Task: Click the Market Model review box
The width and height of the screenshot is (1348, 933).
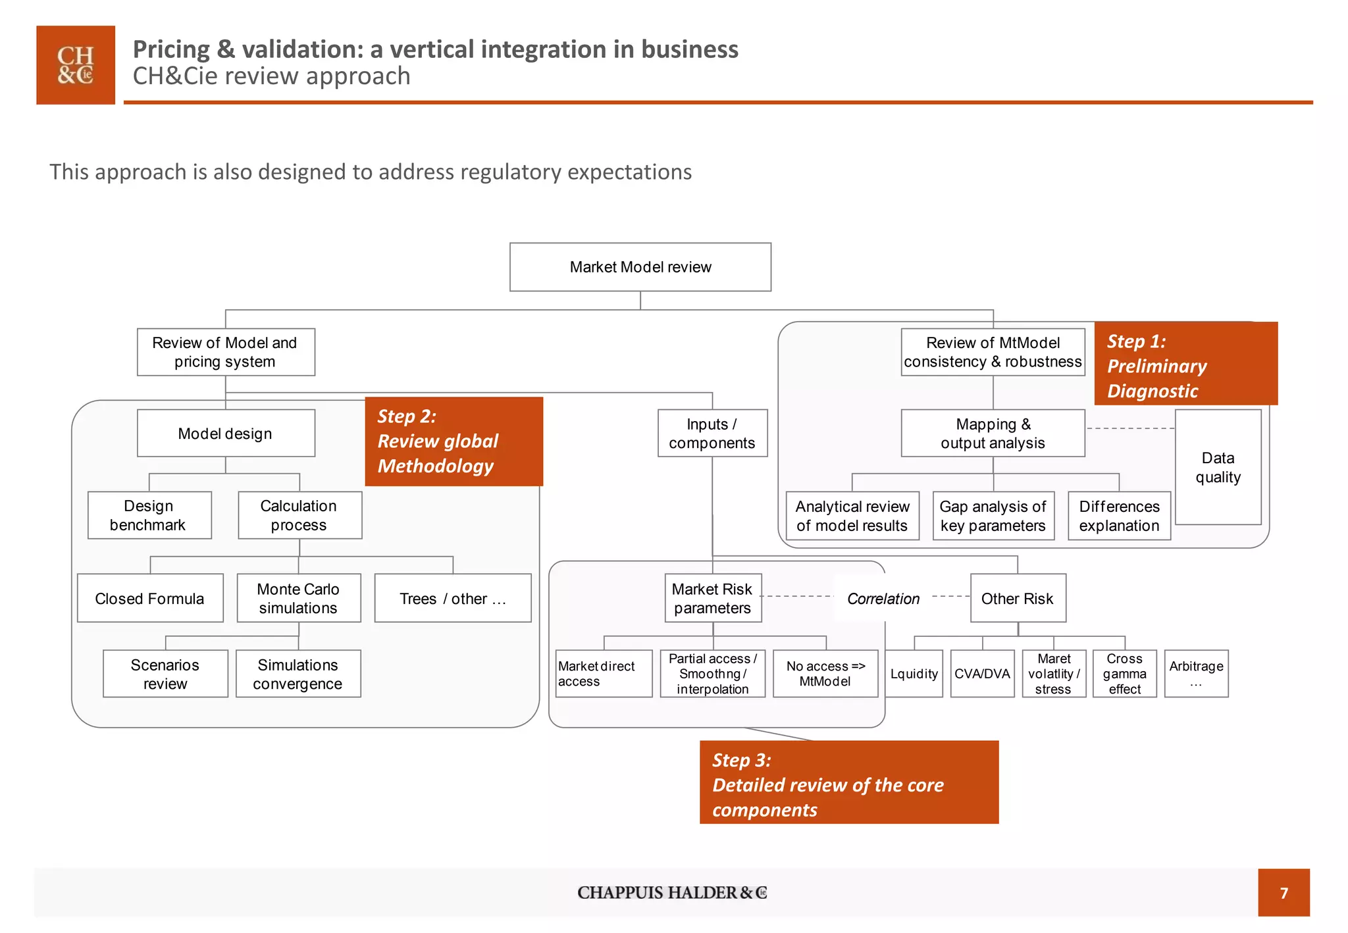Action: pyautogui.click(x=640, y=267)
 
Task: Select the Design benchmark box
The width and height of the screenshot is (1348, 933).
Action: pyautogui.click(x=149, y=515)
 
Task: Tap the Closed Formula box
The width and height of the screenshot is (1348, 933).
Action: pyautogui.click(x=150, y=598)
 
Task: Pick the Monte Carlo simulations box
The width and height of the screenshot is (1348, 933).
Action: pyautogui.click(x=298, y=598)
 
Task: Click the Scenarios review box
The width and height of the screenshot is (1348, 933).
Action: pyautogui.click(x=165, y=674)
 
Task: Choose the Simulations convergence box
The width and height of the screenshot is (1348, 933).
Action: pyautogui.click(x=298, y=674)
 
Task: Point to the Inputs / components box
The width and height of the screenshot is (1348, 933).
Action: pyautogui.click(x=712, y=433)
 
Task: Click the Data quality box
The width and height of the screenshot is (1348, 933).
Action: pyautogui.click(x=1218, y=467)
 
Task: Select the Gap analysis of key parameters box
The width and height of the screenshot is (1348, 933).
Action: pyautogui.click(x=993, y=516)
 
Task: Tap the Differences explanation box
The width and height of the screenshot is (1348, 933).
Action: pyautogui.click(x=1119, y=516)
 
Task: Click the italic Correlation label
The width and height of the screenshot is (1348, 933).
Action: pyautogui.click(x=883, y=599)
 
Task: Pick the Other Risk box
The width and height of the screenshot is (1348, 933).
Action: pyautogui.click(x=1018, y=598)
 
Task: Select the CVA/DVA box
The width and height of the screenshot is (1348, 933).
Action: pyautogui.click(x=982, y=674)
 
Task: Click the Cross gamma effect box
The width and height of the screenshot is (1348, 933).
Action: pyautogui.click(x=1124, y=674)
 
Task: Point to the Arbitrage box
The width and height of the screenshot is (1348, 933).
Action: pyautogui.click(x=1196, y=674)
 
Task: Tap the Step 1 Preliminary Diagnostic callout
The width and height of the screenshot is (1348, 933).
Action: pyautogui.click(x=1185, y=365)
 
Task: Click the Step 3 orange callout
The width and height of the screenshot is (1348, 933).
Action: pyautogui.click(x=848, y=783)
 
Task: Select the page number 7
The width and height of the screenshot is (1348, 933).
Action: pyautogui.click(x=1283, y=893)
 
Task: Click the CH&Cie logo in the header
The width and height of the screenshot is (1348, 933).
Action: pyautogui.click(x=76, y=65)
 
